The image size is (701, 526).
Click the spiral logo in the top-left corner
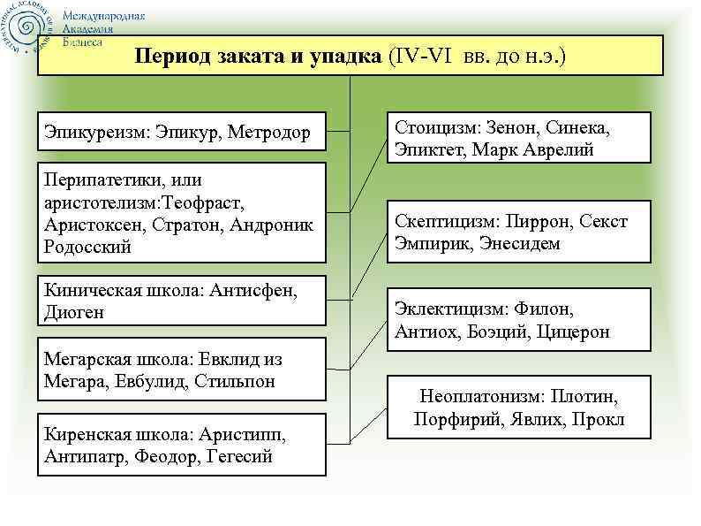29,29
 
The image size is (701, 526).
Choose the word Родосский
87,248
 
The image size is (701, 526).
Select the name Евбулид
152,382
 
